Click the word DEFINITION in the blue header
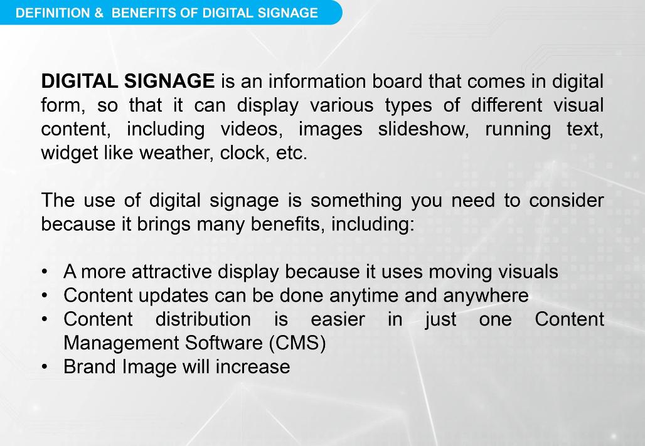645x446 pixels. point(53,13)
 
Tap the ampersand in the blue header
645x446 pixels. point(99,13)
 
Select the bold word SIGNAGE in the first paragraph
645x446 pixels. point(169,81)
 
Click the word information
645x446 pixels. point(317,81)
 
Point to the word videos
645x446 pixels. point(252,129)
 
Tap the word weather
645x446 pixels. point(176,153)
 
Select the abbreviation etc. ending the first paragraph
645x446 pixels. point(292,153)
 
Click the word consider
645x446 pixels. point(567,201)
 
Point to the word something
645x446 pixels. point(356,201)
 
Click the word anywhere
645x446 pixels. point(486,296)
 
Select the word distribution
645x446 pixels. point(203,320)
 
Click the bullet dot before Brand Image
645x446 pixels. point(45,367)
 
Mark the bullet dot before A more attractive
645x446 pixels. point(45,272)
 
